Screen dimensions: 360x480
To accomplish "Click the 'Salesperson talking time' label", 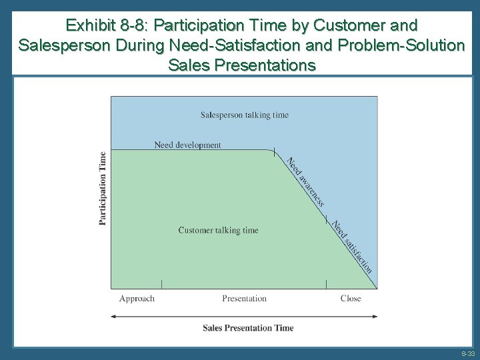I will [x=245, y=115].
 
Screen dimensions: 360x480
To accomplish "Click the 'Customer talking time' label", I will [x=218, y=231].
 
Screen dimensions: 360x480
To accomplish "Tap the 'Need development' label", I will [x=187, y=145].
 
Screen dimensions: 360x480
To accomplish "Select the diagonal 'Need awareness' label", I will [x=306, y=181].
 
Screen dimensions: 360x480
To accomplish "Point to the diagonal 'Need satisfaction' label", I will [x=352, y=246].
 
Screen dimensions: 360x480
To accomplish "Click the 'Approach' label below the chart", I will [x=137, y=299].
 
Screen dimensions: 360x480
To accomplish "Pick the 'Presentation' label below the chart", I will [x=244, y=299].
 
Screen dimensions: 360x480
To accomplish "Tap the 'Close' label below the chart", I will [x=351, y=299].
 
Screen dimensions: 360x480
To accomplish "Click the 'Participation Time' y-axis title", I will [x=103, y=188].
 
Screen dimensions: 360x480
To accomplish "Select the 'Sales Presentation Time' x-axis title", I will [x=248, y=327].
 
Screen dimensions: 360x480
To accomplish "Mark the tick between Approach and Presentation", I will [x=162, y=285].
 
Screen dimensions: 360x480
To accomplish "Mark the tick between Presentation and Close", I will [x=326, y=285].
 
